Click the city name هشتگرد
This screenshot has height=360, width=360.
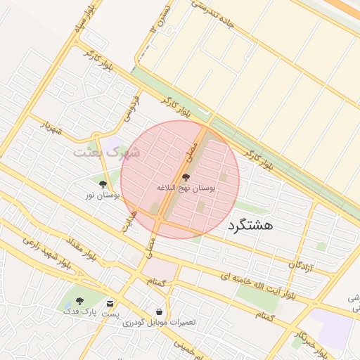pyautogui.click(x=249, y=226)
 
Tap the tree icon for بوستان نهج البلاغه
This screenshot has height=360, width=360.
pyautogui.click(x=186, y=177)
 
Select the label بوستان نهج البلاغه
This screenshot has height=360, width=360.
pyautogui.click(x=186, y=188)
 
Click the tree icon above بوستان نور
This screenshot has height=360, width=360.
pyautogui.click(x=103, y=184)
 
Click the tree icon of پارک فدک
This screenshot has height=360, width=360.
pyautogui.click(x=77, y=300)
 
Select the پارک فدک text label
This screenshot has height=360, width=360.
pyautogui.click(x=78, y=310)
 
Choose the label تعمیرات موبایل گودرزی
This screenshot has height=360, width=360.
pyautogui.click(x=160, y=322)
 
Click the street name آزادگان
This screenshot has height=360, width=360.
pyautogui.click(x=300, y=265)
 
